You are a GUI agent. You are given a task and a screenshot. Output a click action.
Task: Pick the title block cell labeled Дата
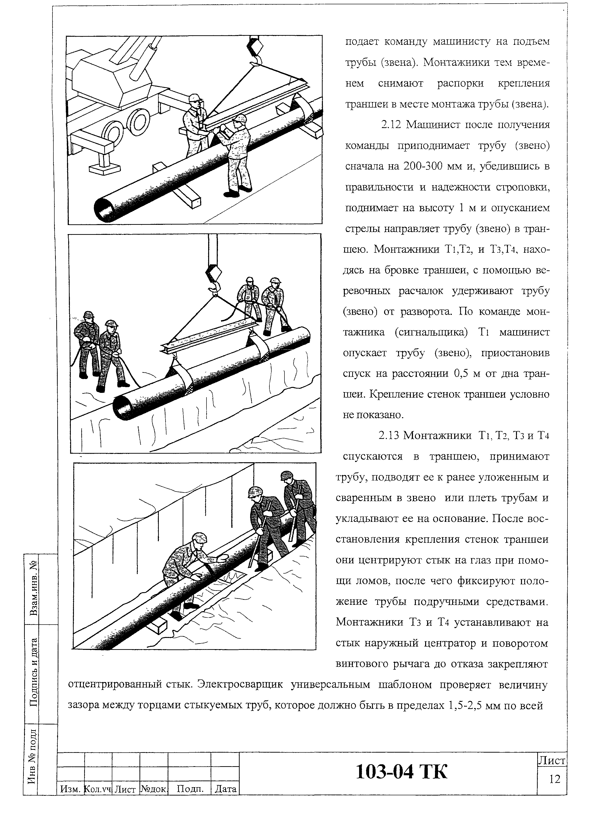[x=225, y=789]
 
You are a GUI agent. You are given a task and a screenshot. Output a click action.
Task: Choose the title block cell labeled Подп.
[x=190, y=789]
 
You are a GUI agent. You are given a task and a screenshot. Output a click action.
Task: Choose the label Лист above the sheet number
[x=552, y=761]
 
